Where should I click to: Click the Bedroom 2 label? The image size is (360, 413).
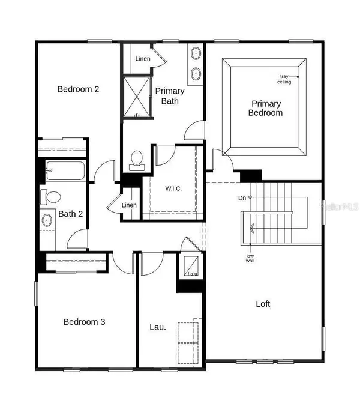pyautogui.click(x=78, y=89)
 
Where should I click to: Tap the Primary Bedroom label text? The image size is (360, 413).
pyautogui.click(x=266, y=108)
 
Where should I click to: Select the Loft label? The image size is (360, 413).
pyautogui.click(x=263, y=304)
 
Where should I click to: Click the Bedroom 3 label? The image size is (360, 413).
pyautogui.click(x=85, y=322)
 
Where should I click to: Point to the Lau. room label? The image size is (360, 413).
pyautogui.click(x=158, y=327)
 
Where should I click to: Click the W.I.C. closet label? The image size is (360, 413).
pyautogui.click(x=173, y=188)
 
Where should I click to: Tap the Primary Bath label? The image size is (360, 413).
pyautogui.click(x=170, y=95)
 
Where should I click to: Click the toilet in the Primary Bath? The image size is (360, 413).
pyautogui.click(x=136, y=159)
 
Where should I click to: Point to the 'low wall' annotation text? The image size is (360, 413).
pyautogui.click(x=250, y=259)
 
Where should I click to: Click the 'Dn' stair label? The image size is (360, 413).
pyautogui.click(x=241, y=197)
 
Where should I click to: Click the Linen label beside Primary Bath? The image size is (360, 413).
pyautogui.click(x=143, y=59)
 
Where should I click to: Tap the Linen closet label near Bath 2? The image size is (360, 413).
pyautogui.click(x=130, y=205)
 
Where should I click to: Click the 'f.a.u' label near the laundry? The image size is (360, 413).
pyautogui.click(x=192, y=274)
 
